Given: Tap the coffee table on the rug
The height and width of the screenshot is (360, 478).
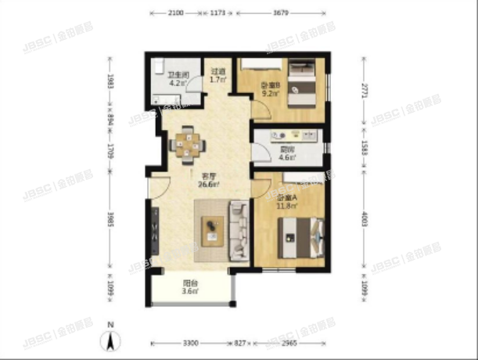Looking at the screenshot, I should (x=213, y=229).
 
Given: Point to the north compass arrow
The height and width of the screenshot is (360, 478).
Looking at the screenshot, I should (x=112, y=340).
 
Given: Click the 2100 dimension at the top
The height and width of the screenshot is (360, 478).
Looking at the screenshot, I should (x=175, y=13).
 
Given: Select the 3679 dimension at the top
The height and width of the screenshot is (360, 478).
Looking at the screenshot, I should (x=284, y=13).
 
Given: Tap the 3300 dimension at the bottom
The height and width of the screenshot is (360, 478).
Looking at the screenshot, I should (x=190, y=343).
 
